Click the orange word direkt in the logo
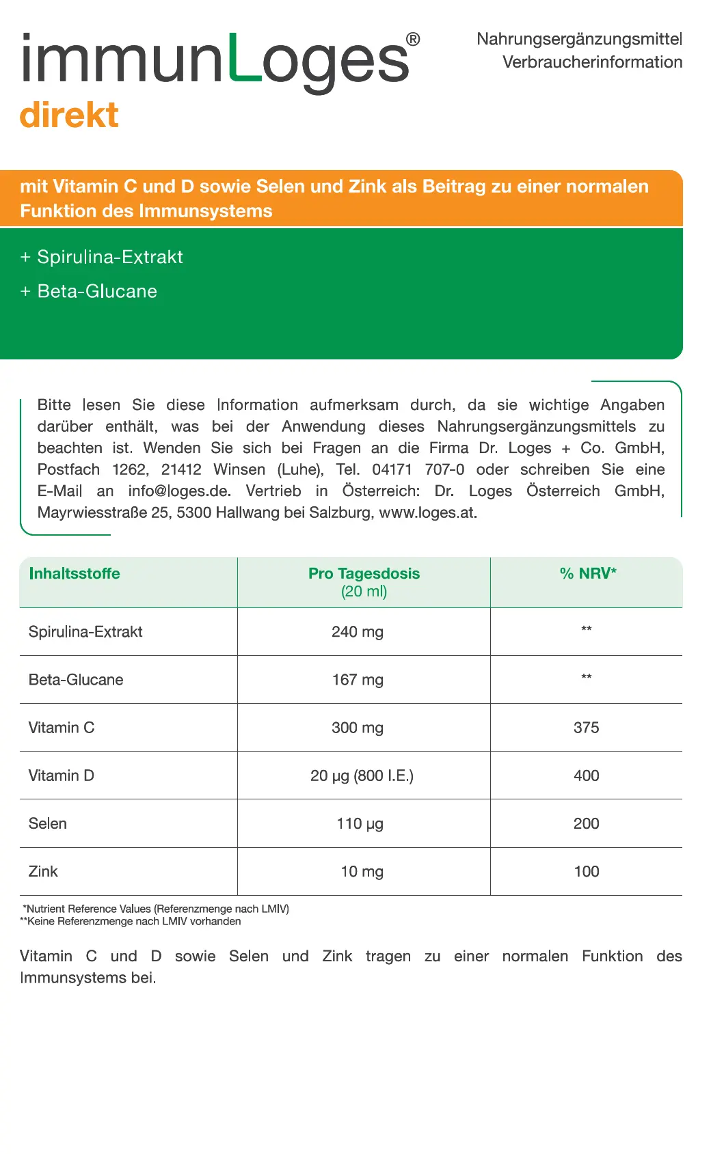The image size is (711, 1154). click(69, 115)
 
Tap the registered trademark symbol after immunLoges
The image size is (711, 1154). click(413, 40)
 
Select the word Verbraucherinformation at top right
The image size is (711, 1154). click(592, 62)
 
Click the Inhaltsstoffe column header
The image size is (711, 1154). click(75, 574)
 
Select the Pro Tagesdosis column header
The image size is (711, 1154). click(364, 574)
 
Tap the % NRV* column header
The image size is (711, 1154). click(588, 574)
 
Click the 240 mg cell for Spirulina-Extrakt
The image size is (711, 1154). click(358, 632)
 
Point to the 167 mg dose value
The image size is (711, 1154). click(358, 680)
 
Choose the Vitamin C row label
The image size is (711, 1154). click(62, 728)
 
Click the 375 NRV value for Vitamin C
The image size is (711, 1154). click(587, 728)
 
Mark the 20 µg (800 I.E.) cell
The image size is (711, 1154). click(362, 776)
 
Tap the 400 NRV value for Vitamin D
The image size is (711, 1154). click(587, 776)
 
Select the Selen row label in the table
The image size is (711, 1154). click(48, 824)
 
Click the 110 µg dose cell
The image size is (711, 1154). click(360, 824)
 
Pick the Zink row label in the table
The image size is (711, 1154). click(43, 872)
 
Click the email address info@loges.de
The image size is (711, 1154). click(179, 491)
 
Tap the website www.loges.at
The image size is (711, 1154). click(427, 513)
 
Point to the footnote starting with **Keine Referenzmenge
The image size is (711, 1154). click(131, 922)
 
